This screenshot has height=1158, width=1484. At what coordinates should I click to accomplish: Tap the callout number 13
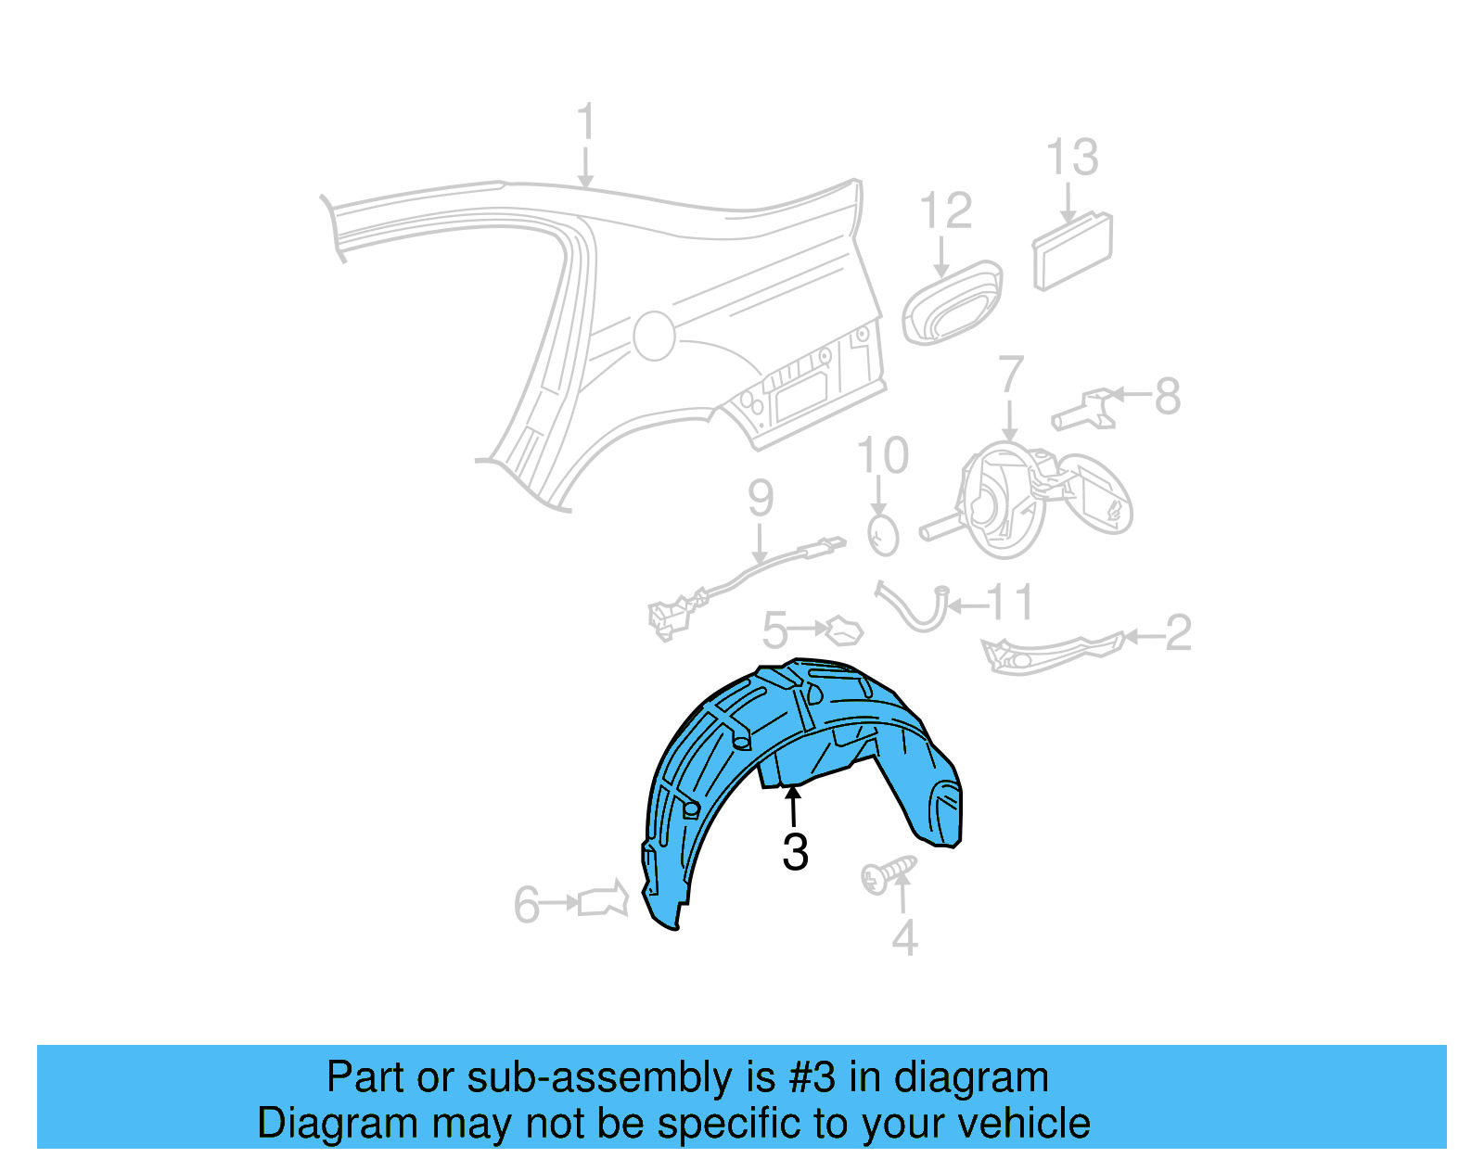click(1072, 158)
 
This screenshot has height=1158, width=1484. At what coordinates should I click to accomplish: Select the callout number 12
click(945, 211)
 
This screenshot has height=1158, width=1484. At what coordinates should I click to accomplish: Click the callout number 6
click(526, 905)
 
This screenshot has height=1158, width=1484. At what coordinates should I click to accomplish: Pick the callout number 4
click(904, 938)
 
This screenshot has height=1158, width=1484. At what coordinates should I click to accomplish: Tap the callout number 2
click(1177, 633)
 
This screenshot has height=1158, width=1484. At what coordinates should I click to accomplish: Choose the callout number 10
click(882, 456)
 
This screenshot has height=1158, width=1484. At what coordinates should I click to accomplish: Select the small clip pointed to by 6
click(603, 899)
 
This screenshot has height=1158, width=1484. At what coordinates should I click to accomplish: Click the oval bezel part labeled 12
click(953, 303)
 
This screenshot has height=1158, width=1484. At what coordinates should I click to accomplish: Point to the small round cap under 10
click(883, 536)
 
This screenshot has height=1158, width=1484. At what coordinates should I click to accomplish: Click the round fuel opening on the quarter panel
click(654, 336)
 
